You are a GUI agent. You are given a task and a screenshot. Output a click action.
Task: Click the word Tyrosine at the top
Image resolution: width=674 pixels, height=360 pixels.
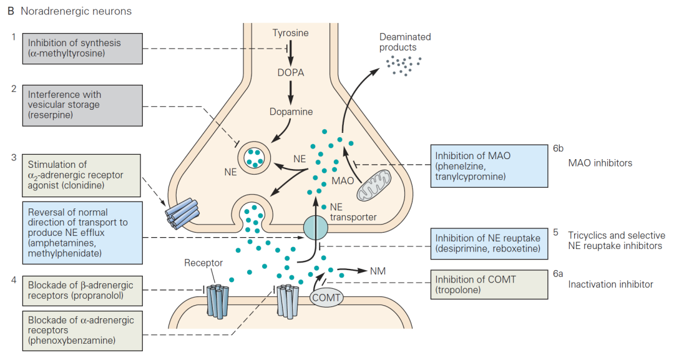pyautogui.click(x=290, y=33)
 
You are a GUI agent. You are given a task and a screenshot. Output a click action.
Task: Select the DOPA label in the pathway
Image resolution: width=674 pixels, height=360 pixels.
pyautogui.click(x=290, y=72)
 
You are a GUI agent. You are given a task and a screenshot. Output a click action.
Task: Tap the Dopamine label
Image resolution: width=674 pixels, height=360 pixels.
pyautogui.click(x=291, y=112)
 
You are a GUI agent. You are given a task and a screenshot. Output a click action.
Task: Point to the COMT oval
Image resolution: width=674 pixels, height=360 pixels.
pyautogui.click(x=326, y=298)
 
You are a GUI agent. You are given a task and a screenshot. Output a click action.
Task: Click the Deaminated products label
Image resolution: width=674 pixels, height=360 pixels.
pyautogui.click(x=404, y=42)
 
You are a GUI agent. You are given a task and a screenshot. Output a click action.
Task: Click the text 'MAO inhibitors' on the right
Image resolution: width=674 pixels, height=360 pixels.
pyautogui.click(x=600, y=163)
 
